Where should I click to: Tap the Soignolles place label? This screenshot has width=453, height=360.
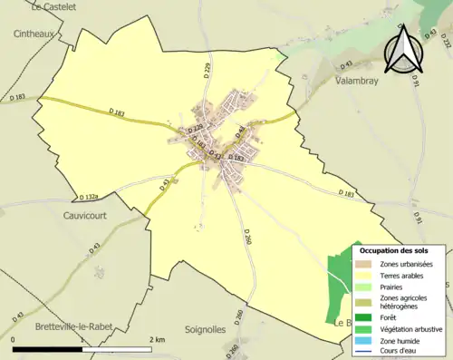(x=206, y=329)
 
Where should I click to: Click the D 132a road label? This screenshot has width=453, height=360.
(x=88, y=196)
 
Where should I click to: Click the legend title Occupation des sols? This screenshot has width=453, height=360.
(x=400, y=250)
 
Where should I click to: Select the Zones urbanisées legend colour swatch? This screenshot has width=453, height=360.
(x=364, y=264)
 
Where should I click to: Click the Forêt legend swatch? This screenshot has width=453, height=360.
(x=364, y=316)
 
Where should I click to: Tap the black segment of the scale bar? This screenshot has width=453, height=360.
(x=46, y=348)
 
